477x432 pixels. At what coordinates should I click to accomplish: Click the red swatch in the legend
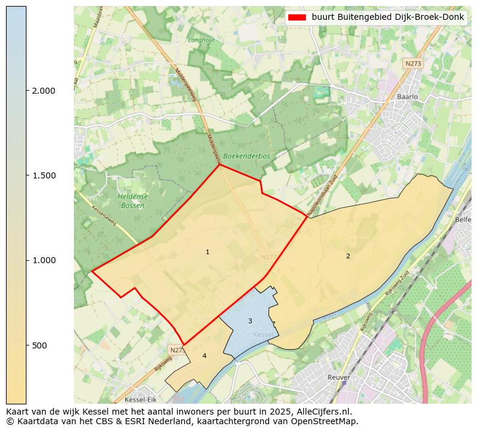coord(297,17)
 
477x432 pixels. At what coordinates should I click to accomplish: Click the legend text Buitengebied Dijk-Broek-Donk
coord(387,17)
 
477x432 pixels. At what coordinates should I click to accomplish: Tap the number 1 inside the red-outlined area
coord(207,252)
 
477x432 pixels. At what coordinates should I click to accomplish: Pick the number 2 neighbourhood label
coord(347,256)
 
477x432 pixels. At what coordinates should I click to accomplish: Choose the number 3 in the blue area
coord(250,321)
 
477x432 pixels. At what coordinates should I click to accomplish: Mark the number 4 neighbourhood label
coord(204,356)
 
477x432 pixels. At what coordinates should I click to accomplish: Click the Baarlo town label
coord(407,96)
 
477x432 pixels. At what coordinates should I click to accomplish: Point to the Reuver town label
coord(339,377)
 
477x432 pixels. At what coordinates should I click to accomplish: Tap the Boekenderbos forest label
coord(246,156)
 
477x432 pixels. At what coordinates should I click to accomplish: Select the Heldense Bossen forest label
coord(132,201)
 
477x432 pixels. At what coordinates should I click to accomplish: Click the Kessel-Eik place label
coord(140,400)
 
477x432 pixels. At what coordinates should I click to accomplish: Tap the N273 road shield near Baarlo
coord(413,63)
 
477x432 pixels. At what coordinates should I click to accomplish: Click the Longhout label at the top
coord(201,40)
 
